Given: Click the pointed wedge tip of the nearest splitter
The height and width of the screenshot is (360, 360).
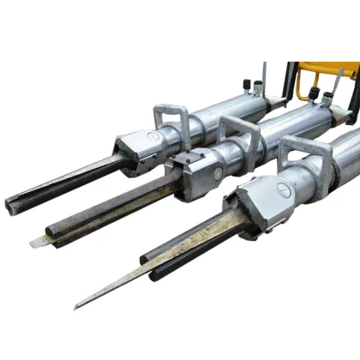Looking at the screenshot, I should click(80, 304).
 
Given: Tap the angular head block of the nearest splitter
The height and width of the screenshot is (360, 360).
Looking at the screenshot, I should click(257, 206).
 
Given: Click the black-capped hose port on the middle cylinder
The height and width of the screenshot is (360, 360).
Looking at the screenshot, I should click(315, 95).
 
